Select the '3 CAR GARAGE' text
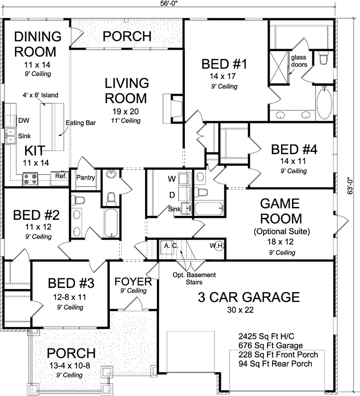[x=248, y=297]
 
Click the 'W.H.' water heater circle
[x=216, y=246]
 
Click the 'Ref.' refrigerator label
[x=61, y=176]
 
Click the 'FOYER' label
[x=133, y=282]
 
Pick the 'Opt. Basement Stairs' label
[x=188, y=279]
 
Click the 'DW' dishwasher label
[x=23, y=120]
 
